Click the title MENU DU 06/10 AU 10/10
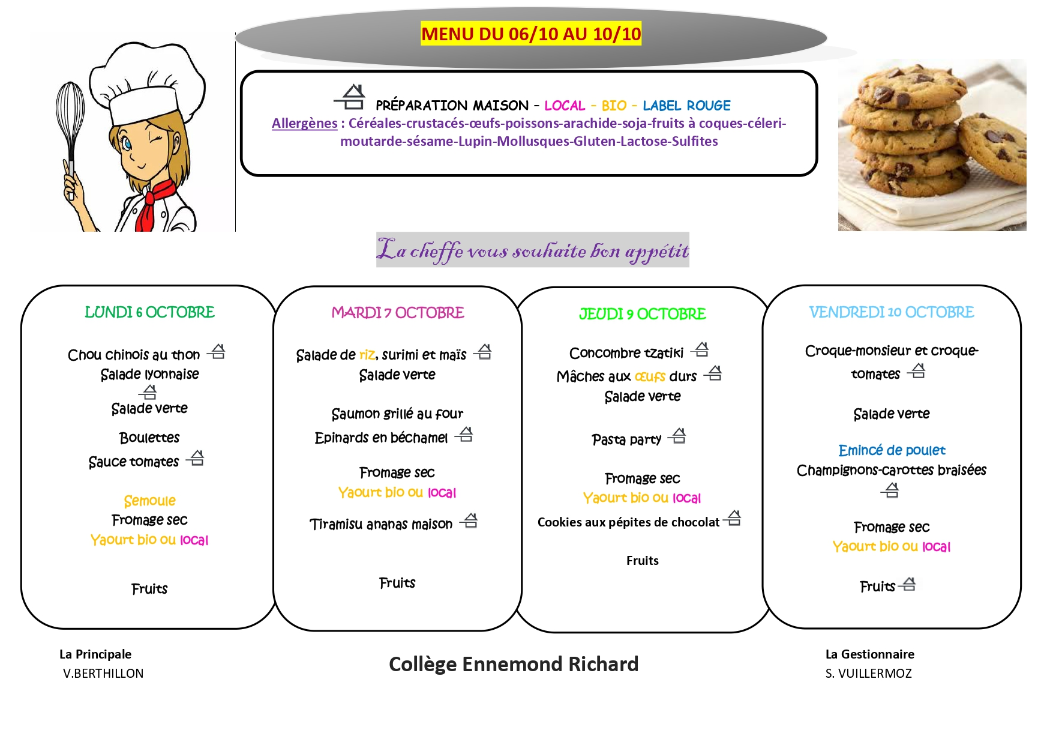tap(531, 34)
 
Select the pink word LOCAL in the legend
tap(565, 106)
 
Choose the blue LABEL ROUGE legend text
tap(686, 106)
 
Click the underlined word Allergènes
tap(304, 123)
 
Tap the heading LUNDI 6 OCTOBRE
tap(149, 312)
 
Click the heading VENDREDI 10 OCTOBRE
tap(891, 312)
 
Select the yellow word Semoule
tap(149, 501)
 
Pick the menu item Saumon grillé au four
tap(397, 414)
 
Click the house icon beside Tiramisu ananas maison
tap(470, 521)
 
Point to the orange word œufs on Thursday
tap(650, 376)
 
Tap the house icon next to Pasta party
tap(678, 436)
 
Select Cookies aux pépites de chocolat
tap(628, 522)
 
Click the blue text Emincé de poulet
tap(892, 450)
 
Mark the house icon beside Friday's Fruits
tap(909, 584)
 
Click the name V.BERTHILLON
tap(103, 674)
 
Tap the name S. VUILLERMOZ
tap(868, 674)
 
